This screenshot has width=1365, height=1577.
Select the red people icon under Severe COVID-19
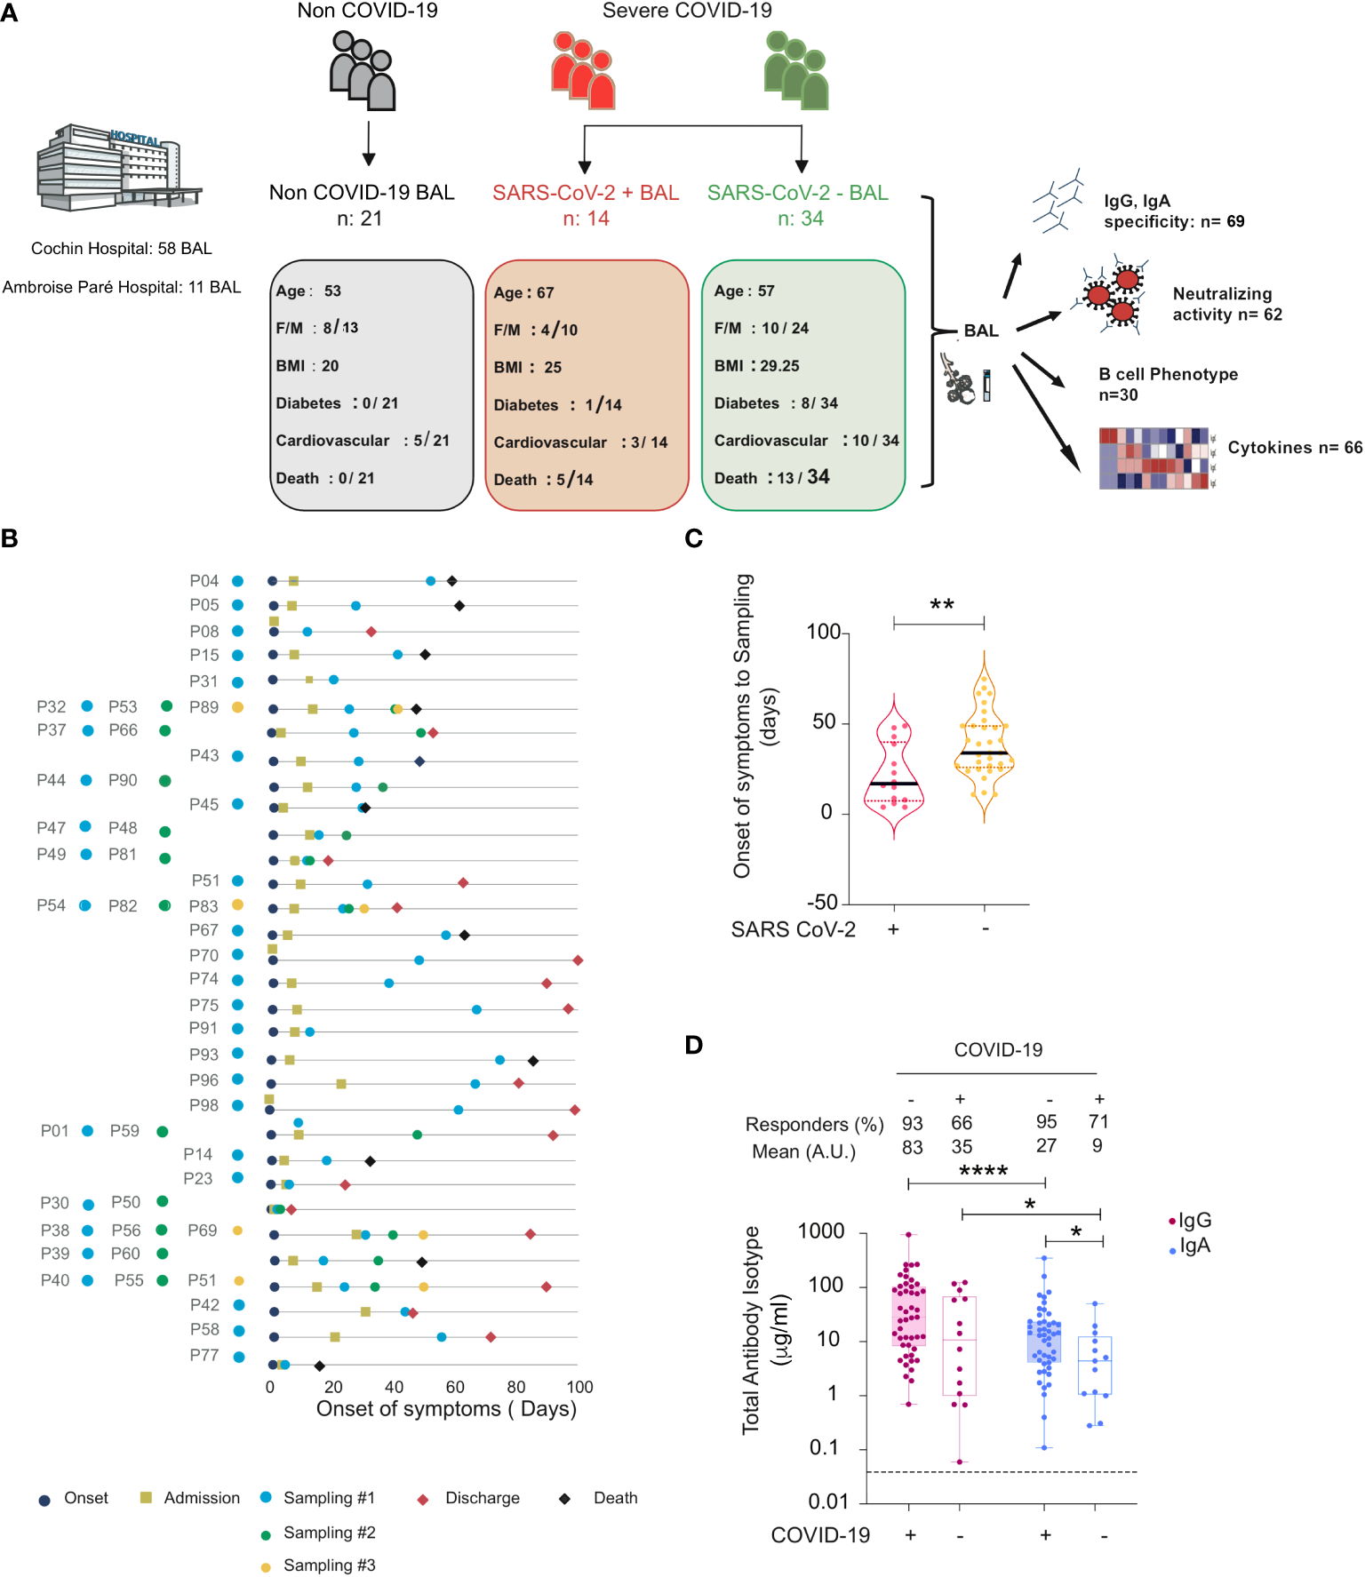(583, 71)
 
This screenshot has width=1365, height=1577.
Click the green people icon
(796, 71)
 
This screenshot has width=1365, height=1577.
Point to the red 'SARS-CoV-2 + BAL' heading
(586, 193)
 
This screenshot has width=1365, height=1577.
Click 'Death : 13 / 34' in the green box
(771, 478)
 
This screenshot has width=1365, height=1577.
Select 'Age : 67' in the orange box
(523, 292)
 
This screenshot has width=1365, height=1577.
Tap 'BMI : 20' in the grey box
(307, 366)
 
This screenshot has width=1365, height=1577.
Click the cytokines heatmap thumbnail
(1153, 458)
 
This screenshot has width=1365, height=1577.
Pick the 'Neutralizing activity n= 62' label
(1226, 304)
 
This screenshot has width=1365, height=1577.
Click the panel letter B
(10, 539)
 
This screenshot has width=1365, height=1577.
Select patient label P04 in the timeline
(204, 581)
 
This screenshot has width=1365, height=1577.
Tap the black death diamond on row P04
(451, 581)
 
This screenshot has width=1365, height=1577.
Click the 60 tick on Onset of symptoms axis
(455, 1387)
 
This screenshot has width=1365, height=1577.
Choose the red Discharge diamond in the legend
(423, 1500)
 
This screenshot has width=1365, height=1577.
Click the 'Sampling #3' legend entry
(329, 1565)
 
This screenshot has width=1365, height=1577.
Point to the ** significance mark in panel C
(941, 605)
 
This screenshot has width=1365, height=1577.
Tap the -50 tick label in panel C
(822, 903)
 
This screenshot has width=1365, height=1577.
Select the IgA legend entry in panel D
(1193, 1246)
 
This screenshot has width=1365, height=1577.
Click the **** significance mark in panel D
(983, 1171)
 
